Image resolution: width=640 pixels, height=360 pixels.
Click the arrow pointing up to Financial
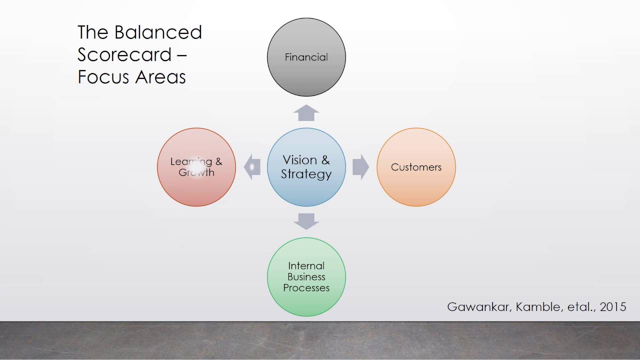pyautogui.click(x=306, y=113)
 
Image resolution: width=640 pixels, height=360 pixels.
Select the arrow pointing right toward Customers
pyautogui.click(x=360, y=167)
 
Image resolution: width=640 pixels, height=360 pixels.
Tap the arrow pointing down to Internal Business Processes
pyautogui.click(x=306, y=221)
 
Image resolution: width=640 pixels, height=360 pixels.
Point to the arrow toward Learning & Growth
pyautogui.click(x=252, y=167)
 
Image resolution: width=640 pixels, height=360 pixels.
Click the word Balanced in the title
pyautogui.click(x=158, y=32)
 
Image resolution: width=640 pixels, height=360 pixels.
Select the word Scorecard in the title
pyautogui.click(x=124, y=54)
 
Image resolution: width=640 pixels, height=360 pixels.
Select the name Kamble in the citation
pyautogui.click(x=536, y=306)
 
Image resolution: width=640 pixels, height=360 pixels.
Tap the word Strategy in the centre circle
pyautogui.click(x=306, y=174)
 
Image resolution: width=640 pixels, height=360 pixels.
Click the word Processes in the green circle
pyautogui.click(x=306, y=288)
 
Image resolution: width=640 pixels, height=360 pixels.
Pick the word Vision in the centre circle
pyautogui.click(x=300, y=160)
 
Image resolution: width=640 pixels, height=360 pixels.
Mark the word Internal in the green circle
pyautogui.click(x=306, y=265)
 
